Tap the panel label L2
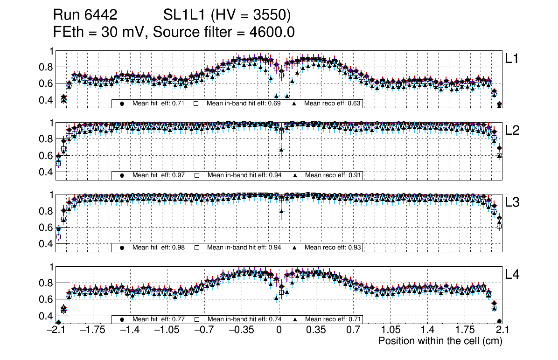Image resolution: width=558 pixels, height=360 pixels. pyautogui.click(x=513, y=131)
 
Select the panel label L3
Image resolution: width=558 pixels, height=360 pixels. pyautogui.click(x=513, y=202)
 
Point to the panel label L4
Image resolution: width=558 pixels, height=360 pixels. pyautogui.click(x=513, y=275)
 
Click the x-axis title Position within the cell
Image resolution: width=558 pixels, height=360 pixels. pyautogui.click(x=440, y=341)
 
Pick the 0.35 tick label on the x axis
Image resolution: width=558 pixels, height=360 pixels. pyautogui.click(x=315, y=330)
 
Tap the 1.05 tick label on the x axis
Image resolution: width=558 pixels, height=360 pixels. pyautogui.click(x=391, y=330)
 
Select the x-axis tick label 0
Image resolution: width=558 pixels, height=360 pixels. pyautogui.click(x=279, y=330)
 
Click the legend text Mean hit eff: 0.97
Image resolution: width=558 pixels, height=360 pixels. pyautogui.click(x=159, y=175)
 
